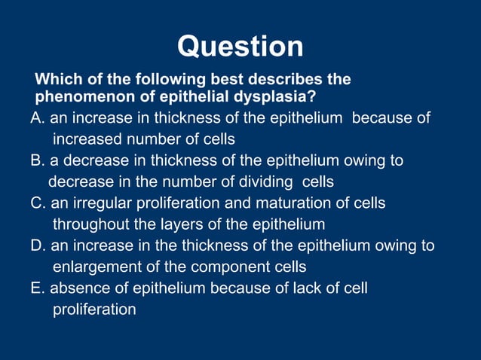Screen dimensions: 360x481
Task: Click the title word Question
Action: coord(240,47)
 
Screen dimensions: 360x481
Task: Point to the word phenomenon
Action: coord(83,97)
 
